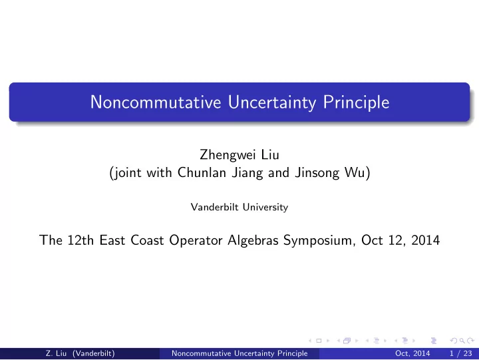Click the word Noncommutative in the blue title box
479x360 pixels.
[156, 102]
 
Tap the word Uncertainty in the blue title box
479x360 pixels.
[272, 102]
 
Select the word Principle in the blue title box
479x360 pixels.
[356, 102]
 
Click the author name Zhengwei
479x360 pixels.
[228, 155]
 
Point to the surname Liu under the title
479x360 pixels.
[270, 154]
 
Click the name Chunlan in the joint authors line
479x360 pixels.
[202, 172]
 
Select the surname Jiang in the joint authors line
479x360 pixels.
[247, 173]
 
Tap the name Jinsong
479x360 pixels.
[317, 173]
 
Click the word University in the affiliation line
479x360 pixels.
[265, 207]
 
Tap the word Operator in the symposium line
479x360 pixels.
[196, 241]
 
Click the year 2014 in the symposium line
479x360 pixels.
[426, 240]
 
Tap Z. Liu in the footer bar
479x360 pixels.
[56, 353]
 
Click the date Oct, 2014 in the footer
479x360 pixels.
[412, 353]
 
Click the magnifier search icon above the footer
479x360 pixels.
[462, 341]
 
